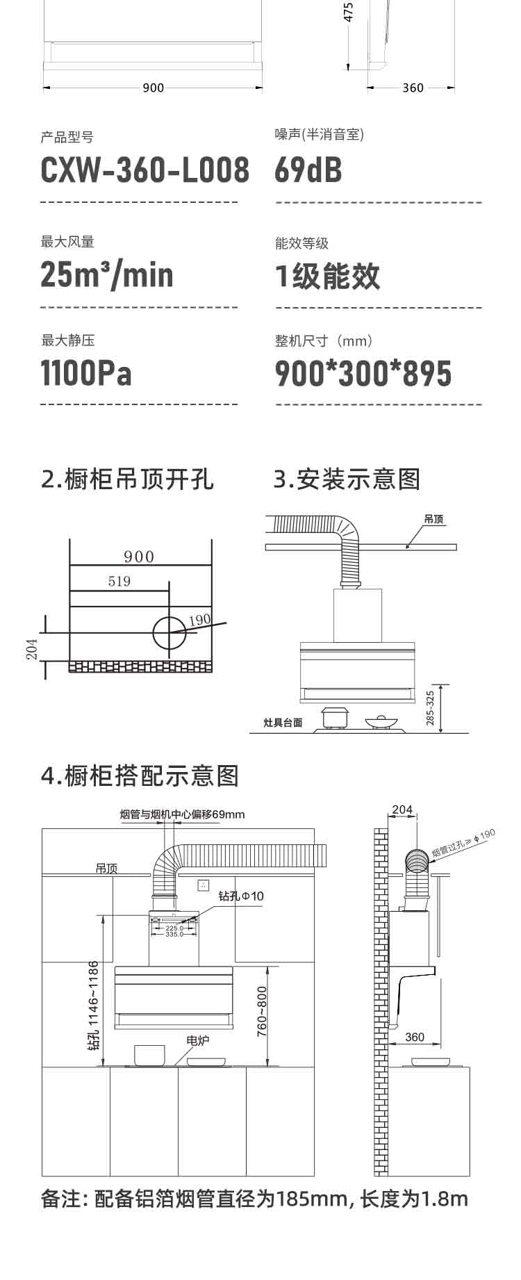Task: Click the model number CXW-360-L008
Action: point(144,171)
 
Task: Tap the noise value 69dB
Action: point(308,171)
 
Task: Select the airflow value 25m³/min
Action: point(107,274)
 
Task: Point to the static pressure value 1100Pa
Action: point(86,373)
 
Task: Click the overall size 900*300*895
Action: point(363,374)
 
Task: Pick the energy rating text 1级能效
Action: point(328,276)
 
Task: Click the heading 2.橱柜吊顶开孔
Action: point(128,479)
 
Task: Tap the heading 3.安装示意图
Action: point(347,479)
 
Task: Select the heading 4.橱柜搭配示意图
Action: point(140,776)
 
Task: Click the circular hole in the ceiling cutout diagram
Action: point(169,632)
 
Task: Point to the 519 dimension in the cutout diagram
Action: point(119,582)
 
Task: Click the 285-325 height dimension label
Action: point(430,708)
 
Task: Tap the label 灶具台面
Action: point(283,723)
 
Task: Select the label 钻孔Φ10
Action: point(241,896)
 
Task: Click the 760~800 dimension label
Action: point(262,1012)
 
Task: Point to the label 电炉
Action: point(198,1040)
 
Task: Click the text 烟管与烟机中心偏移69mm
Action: point(182,814)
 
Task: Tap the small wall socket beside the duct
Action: point(204,885)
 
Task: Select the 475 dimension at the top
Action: point(349,12)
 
